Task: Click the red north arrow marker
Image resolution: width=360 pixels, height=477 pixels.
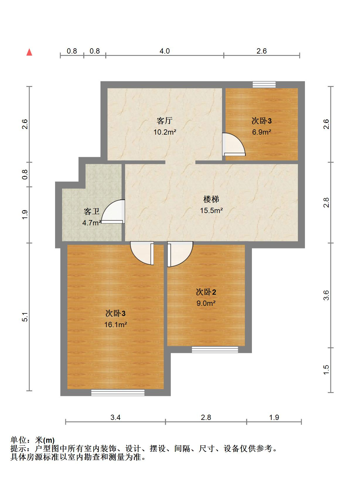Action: pos(29,52)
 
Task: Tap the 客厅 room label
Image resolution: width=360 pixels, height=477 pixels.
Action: pos(164,121)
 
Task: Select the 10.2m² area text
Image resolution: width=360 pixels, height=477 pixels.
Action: pos(165,132)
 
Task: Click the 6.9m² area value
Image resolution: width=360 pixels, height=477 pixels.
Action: pos(262,132)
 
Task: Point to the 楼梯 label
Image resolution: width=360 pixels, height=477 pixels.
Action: pos(211,199)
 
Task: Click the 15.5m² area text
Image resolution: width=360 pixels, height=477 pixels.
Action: pos(211,210)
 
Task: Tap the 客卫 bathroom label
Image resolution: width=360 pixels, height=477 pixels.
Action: pos(92,211)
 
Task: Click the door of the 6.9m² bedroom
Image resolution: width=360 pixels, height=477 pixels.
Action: pos(233,144)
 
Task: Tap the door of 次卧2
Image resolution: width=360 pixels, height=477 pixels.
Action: pos(179,254)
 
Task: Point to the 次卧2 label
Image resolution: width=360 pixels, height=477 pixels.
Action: pos(206,292)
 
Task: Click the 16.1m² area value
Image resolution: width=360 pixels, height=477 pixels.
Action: pos(115,325)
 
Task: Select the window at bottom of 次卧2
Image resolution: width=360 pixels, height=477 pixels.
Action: pos(215,349)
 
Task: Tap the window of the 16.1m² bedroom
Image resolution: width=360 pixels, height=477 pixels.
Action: pos(118,393)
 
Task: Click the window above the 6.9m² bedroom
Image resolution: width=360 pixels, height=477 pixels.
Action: pos(264,84)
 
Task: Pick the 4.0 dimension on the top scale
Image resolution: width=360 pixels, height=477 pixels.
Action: pos(165,51)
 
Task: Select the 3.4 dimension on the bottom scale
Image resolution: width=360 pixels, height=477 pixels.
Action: pos(115,417)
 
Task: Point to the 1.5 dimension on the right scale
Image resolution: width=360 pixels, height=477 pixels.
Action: pos(326,370)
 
